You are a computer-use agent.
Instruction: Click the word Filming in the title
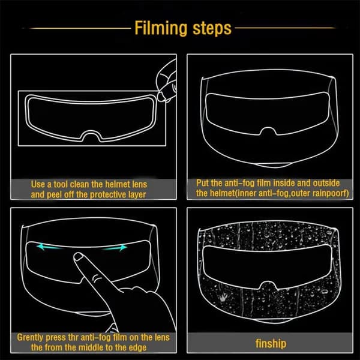[x=161, y=28]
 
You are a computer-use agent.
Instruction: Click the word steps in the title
[x=212, y=28]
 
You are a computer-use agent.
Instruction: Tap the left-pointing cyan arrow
[x=49, y=247]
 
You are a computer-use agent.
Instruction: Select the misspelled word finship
[x=271, y=344]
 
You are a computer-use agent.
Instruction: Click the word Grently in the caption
[x=30, y=337]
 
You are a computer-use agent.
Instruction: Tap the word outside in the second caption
[x=326, y=183]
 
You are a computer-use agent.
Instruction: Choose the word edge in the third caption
[x=137, y=347]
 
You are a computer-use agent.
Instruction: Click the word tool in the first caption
[x=61, y=184]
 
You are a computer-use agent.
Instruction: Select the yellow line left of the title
[x=80, y=28]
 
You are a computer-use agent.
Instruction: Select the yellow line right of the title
[x=285, y=28]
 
